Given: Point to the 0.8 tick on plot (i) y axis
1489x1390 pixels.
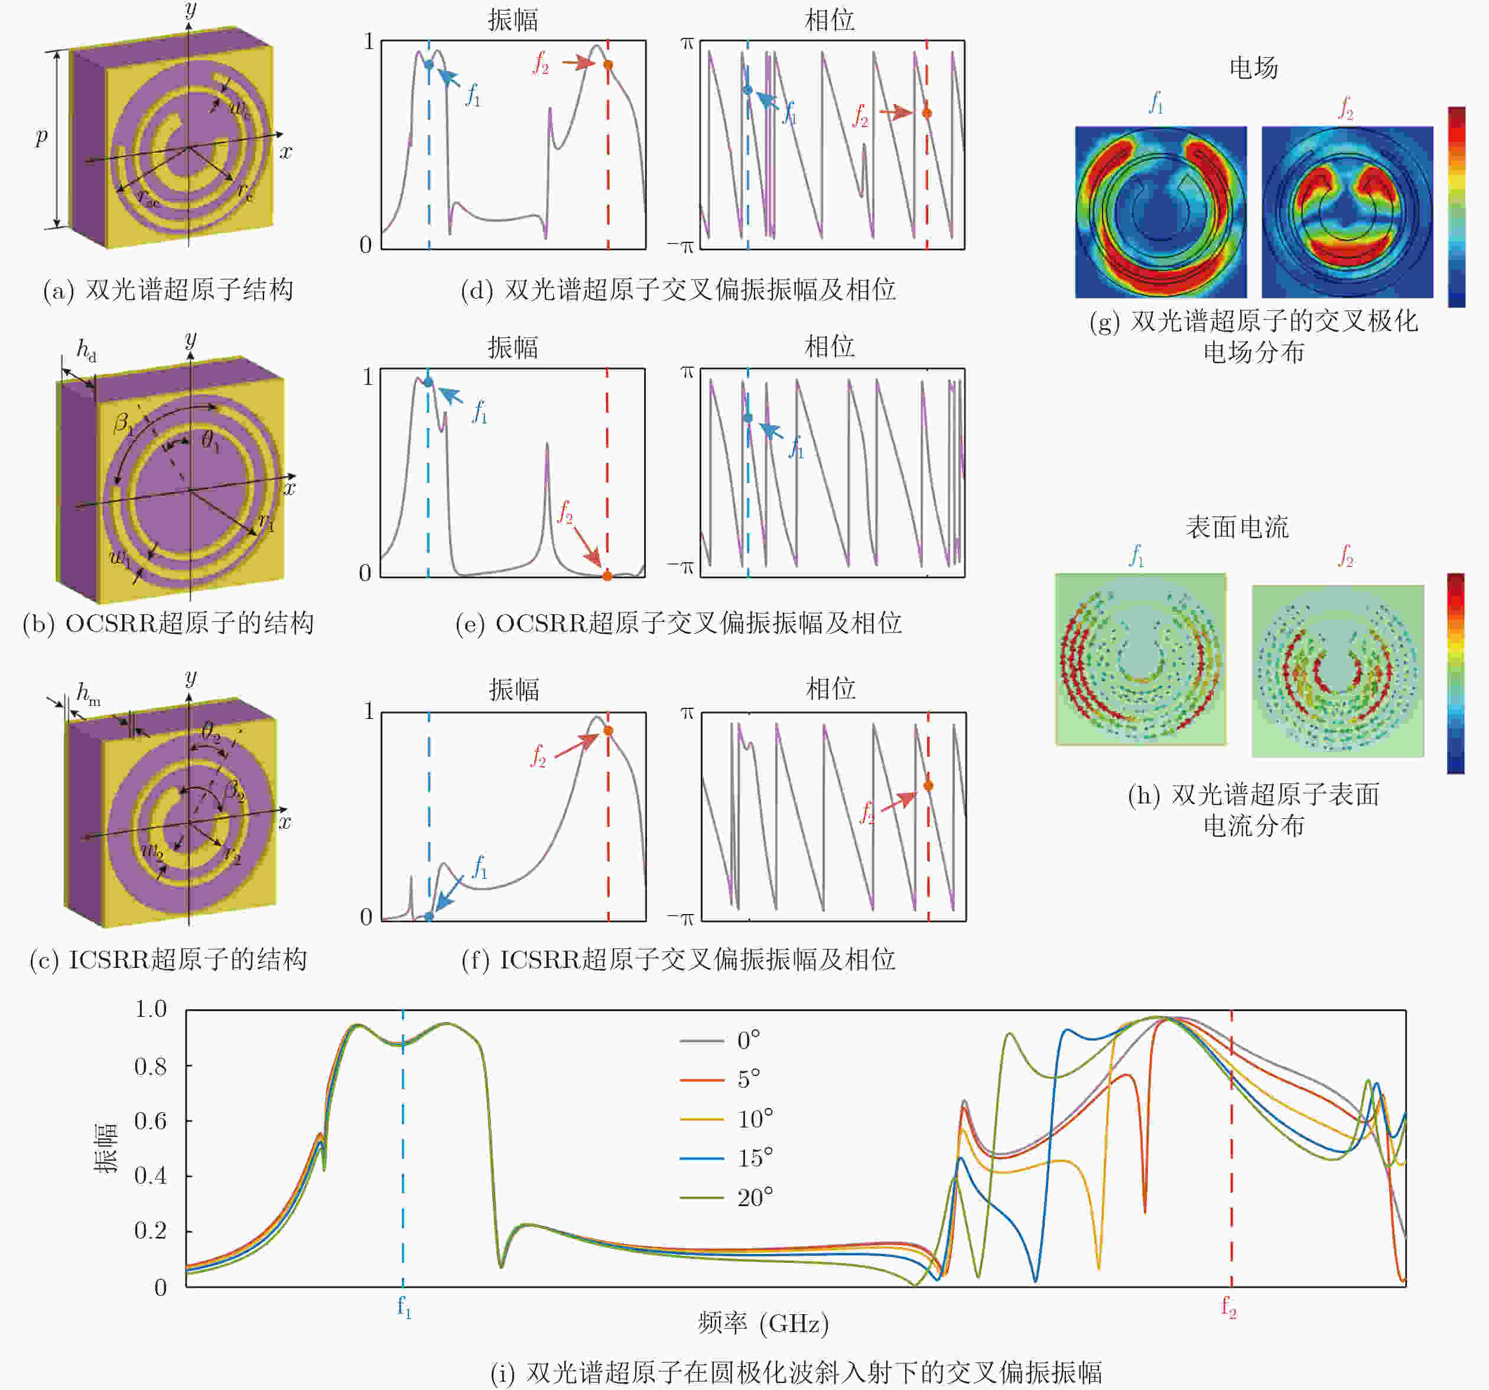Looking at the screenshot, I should click(151, 1065).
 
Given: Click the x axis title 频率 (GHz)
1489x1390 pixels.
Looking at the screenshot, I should click(762, 1323).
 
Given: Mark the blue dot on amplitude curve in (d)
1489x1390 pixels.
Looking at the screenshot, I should click(428, 64).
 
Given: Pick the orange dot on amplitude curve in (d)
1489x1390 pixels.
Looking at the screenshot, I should click(608, 64).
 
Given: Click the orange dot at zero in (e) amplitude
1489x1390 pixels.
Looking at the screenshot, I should click(607, 575).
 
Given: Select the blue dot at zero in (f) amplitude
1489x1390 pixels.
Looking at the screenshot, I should click(428, 916).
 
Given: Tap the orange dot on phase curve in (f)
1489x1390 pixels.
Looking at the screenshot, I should click(928, 785).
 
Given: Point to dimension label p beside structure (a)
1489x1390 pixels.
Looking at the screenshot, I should click(41, 137).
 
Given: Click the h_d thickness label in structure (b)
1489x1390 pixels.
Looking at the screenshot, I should click(87, 349).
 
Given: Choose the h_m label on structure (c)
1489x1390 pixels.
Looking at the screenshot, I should click(89, 695).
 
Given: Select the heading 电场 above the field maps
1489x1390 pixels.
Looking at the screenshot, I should click(1253, 68).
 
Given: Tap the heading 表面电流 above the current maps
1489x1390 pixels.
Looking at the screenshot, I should click(1237, 527).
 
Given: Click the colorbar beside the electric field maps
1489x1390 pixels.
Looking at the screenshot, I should click(1456, 207).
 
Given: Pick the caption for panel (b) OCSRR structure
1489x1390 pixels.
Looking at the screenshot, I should click(168, 623).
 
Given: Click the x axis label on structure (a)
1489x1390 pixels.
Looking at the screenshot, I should click(285, 152).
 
